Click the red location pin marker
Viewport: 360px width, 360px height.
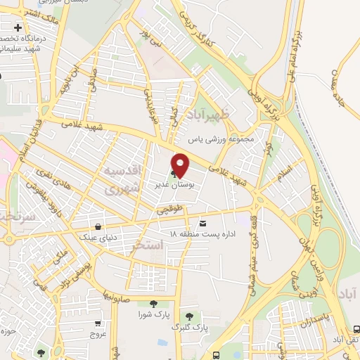(x=181, y=165)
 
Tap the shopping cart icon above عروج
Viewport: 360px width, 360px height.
(x=98, y=323)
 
